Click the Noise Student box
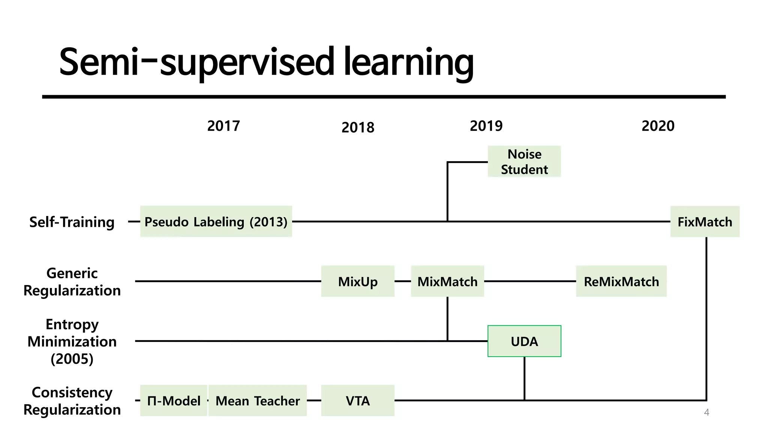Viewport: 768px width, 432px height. click(524, 162)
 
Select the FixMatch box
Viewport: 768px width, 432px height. click(705, 222)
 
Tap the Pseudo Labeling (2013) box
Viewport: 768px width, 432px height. click(216, 222)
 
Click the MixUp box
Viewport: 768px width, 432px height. click(358, 281)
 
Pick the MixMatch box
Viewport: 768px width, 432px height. click(447, 281)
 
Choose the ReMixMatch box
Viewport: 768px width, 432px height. click(621, 281)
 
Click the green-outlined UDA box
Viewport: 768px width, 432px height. click(524, 341)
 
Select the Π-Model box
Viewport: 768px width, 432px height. click(174, 400)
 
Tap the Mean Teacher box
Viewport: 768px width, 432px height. click(258, 400)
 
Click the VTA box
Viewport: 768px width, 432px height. click(358, 400)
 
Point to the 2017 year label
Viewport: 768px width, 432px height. click(223, 126)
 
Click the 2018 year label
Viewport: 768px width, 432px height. click(358, 128)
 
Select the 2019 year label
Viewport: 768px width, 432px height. click(486, 126)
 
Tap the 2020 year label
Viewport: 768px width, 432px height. click(658, 126)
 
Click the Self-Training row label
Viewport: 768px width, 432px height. click(72, 222)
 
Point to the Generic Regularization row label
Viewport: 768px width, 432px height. click(72, 282)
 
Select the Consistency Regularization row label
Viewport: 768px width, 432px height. click(72, 401)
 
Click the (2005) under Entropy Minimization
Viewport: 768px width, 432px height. click(72, 359)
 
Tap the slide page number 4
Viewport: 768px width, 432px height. click(706, 412)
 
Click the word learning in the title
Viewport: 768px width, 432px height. click(408, 62)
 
